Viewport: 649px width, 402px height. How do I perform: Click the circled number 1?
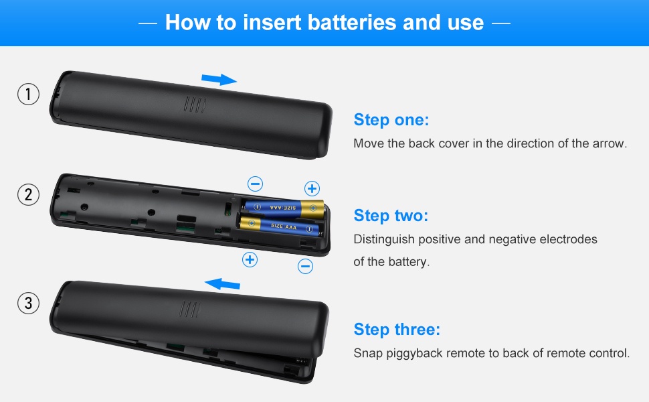tap(28, 94)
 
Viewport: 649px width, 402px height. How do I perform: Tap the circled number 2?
tap(28, 194)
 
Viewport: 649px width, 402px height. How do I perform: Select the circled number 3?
tap(28, 303)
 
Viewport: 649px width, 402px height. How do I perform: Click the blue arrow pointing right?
tap(219, 79)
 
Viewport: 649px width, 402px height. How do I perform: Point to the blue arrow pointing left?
tap(222, 284)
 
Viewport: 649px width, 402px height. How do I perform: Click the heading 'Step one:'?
tap(391, 120)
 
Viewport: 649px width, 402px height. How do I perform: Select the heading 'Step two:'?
tap(391, 216)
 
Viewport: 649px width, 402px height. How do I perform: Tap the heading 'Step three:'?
tap(397, 330)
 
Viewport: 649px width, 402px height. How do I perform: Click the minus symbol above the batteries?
tap(255, 184)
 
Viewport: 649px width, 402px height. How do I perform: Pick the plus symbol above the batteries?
tap(312, 188)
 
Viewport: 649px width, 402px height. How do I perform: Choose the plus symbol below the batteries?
tap(250, 260)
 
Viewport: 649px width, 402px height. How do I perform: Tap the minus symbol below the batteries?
tap(306, 266)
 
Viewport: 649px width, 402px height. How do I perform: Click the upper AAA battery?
tap(283, 208)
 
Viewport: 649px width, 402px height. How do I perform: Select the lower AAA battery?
tap(280, 226)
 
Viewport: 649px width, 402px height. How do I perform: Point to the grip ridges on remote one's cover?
tap(195, 105)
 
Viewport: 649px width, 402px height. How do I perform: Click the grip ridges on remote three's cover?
tap(190, 310)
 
